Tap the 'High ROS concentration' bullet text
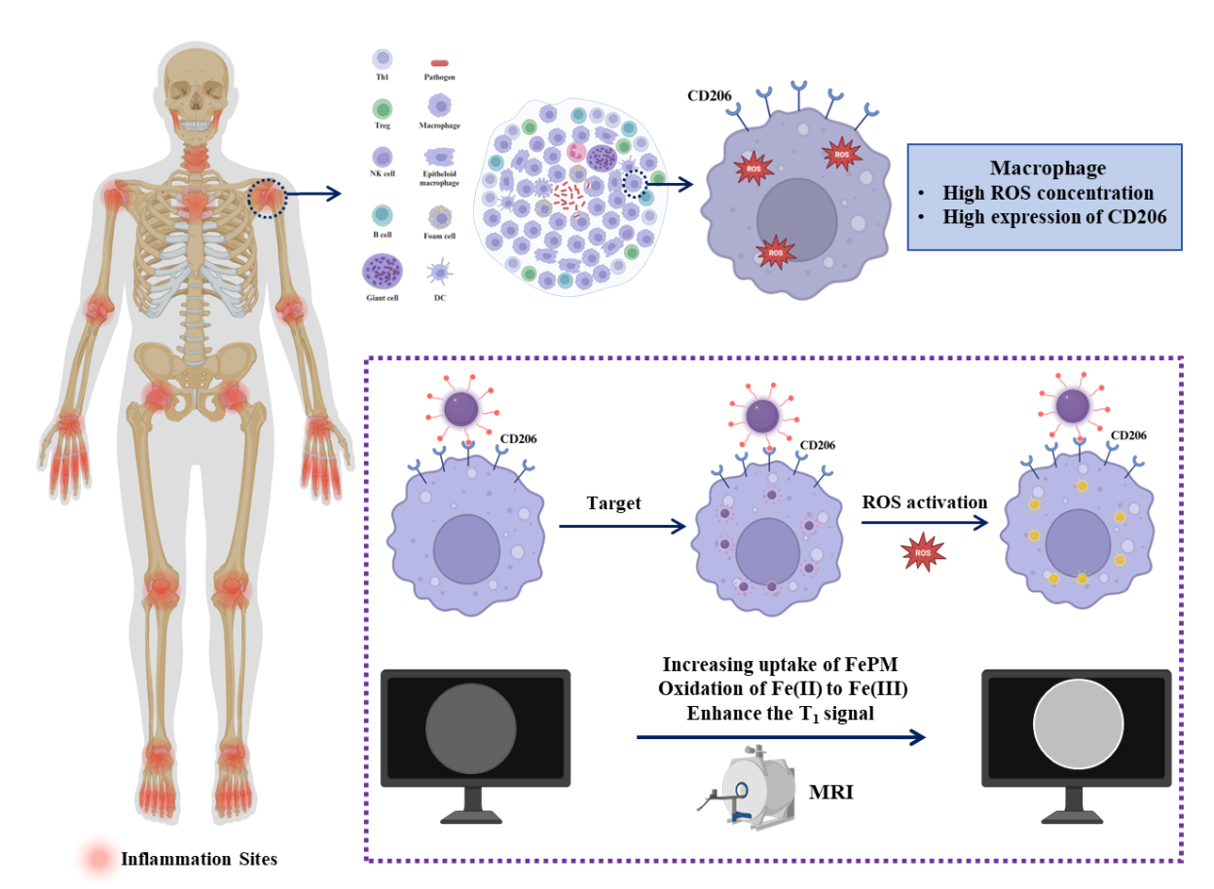(1048, 193)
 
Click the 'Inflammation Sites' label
(199, 859)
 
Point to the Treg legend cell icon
(383, 109)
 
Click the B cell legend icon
(383, 215)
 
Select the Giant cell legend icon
(382, 272)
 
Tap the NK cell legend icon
(383, 158)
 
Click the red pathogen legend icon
(439, 63)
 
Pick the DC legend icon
(439, 272)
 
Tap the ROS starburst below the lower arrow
(923, 553)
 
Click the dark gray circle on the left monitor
(470, 728)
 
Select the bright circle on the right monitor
(1078, 725)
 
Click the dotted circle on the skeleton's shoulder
(266, 198)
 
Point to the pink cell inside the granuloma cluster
(575, 152)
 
